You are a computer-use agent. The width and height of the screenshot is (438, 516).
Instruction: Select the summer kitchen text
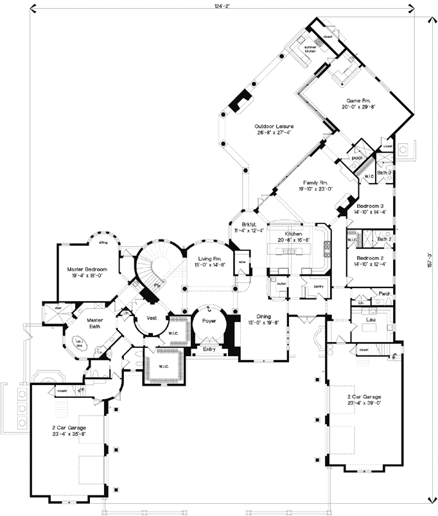pos(311,49)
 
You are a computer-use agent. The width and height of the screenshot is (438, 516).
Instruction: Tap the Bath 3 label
pos(384,173)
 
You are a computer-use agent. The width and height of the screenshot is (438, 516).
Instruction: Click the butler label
pos(281,283)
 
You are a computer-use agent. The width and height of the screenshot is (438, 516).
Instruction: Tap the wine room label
pos(242,262)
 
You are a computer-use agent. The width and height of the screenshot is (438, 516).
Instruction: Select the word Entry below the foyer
pos(209,349)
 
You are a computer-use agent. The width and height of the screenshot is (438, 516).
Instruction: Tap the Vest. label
pos(153,317)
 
